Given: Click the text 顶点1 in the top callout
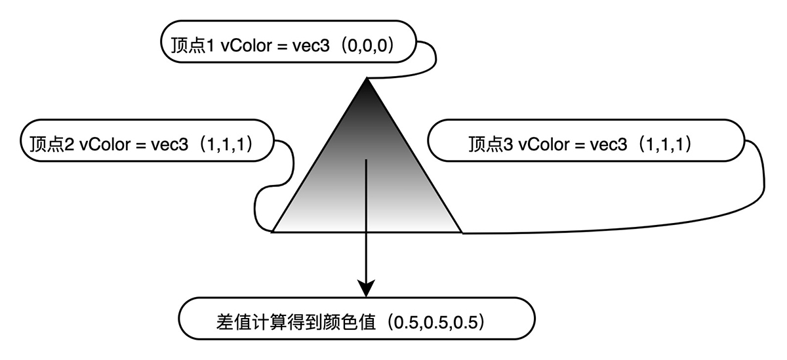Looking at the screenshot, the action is (193, 46).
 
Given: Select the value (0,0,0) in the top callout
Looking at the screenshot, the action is (368, 46).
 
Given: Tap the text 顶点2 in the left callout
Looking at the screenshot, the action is (52, 144).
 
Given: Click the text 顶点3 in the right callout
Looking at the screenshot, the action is (491, 144).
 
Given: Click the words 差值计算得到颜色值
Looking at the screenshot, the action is (296, 323).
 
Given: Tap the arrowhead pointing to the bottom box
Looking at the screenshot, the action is (366, 289).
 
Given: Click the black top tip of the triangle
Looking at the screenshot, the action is (367, 79).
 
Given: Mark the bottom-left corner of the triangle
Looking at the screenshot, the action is (273, 232).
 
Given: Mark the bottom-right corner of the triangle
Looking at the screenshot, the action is (462, 232).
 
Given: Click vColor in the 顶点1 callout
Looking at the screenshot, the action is (247, 46).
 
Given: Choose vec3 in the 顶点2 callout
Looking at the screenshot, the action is (170, 145).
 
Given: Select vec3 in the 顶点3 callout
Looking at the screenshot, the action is (609, 145).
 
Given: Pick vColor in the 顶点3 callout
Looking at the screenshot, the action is (544, 145).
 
